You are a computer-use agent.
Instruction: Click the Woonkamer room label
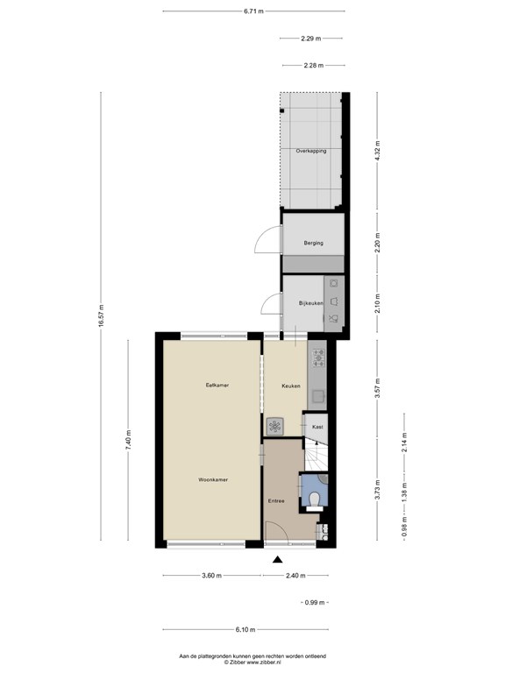[x=213, y=479]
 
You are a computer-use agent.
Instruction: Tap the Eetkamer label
[x=217, y=385]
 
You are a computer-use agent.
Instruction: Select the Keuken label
[x=291, y=386]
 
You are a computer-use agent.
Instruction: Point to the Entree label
[x=276, y=501]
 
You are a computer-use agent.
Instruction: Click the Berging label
[x=314, y=243]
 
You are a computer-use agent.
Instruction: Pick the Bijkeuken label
[x=311, y=303]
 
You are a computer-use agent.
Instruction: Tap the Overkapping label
[x=311, y=151]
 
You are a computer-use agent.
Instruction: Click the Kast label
[x=317, y=427]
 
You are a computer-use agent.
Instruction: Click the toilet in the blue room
[x=315, y=500]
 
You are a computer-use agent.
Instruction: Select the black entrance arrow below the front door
[x=278, y=559]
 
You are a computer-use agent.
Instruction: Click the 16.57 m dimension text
[x=102, y=315]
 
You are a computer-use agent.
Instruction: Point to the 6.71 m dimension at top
[x=253, y=11]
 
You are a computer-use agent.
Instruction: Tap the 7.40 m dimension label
[x=128, y=440]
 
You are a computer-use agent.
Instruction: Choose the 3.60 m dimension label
[x=211, y=576]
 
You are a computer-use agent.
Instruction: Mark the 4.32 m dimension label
[x=378, y=151]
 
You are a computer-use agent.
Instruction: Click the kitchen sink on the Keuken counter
[x=317, y=396]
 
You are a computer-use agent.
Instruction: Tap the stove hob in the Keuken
[x=318, y=358]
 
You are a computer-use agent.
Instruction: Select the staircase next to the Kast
[x=316, y=454]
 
